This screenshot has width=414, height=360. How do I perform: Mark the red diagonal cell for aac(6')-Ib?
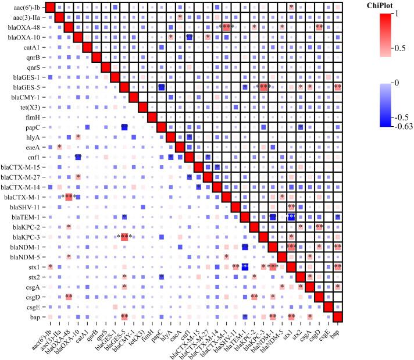click(x=49, y=8)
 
